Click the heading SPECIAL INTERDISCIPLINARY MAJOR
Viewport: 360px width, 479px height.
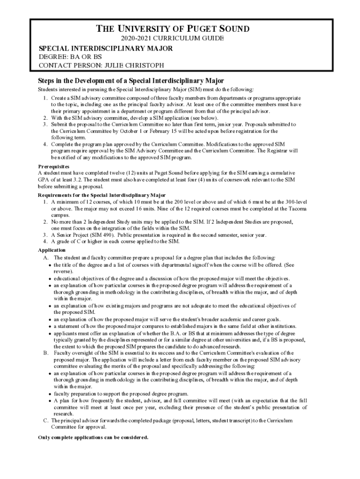(105, 49)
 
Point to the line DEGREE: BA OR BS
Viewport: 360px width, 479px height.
(70, 57)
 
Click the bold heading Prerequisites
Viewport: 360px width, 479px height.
(53, 166)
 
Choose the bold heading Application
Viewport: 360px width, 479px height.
(51, 250)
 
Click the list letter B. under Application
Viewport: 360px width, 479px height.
(46, 353)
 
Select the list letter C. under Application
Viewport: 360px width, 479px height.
(46, 421)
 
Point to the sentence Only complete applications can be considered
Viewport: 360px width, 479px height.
(93, 437)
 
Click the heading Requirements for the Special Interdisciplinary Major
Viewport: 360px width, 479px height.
(101, 195)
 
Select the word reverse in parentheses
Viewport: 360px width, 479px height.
(64, 271)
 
